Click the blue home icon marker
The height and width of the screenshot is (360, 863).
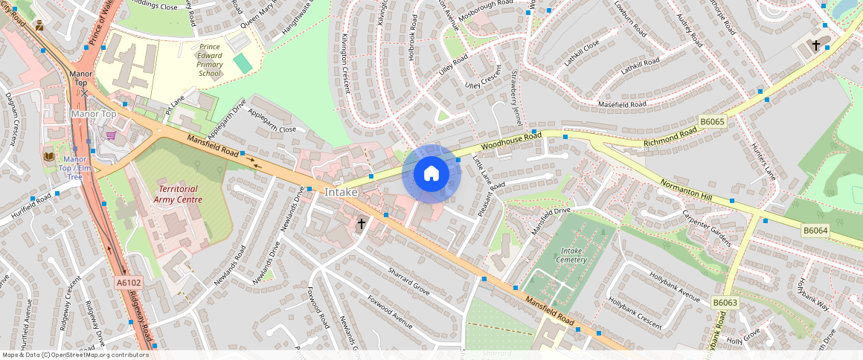click(x=431, y=174)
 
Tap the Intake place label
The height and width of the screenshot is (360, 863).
click(x=341, y=193)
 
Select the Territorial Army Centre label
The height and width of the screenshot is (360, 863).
click(x=178, y=194)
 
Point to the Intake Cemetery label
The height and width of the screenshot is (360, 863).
click(x=571, y=255)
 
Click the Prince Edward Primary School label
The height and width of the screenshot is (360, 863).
click(x=210, y=60)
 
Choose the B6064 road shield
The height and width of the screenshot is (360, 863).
click(x=815, y=231)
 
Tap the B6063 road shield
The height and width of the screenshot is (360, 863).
click(x=725, y=303)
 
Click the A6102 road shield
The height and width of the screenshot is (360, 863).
click(x=128, y=283)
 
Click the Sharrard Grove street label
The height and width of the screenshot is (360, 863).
click(x=409, y=279)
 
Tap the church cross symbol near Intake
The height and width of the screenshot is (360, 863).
click(x=362, y=223)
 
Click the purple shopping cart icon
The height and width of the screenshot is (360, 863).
click(x=111, y=135)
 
